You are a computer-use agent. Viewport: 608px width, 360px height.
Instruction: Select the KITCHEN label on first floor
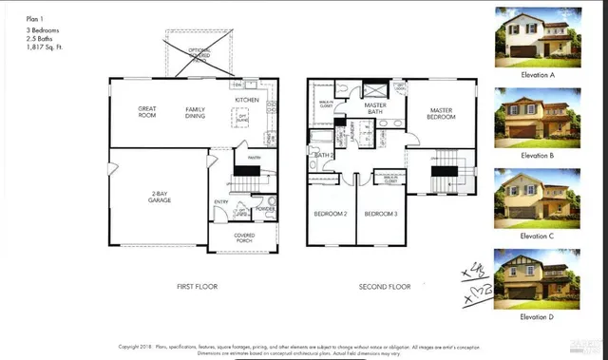coord(248,100)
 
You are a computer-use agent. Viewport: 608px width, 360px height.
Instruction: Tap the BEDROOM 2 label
coord(331,214)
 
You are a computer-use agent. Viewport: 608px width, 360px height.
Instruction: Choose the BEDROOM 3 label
coord(380,214)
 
